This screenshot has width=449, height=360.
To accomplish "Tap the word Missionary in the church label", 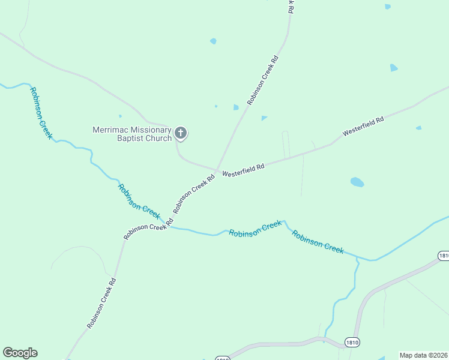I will click(149, 130).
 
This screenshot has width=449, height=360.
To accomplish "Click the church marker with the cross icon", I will click(181, 133).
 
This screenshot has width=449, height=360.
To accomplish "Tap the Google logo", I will click(20, 353).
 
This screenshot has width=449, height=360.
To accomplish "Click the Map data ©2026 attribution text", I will click(423, 355).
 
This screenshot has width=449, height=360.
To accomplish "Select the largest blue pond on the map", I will click(357, 182).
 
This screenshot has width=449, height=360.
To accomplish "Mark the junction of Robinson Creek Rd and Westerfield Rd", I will click(217, 170).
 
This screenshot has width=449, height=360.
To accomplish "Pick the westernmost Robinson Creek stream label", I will click(41, 113).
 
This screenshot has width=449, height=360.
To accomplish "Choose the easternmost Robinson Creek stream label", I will click(318, 242).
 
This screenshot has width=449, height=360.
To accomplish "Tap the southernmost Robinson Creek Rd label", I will click(101, 303).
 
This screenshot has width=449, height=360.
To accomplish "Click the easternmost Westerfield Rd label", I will click(363, 127).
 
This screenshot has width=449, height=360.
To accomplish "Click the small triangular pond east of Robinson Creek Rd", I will click(264, 118).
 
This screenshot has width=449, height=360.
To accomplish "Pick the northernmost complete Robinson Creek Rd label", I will click(262, 80).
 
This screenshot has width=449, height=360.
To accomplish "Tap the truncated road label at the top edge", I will click(291, 6).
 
